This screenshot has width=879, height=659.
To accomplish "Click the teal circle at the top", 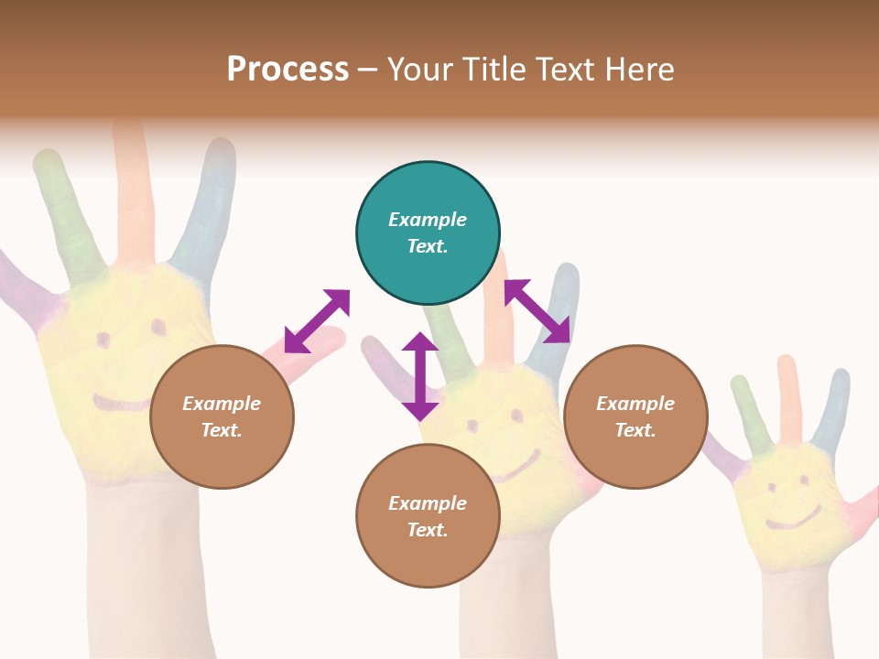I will (x=428, y=232).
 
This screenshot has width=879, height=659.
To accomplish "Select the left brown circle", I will (x=222, y=416).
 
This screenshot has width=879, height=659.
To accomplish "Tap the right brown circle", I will (x=635, y=416).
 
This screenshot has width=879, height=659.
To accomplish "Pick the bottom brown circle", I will (x=428, y=516).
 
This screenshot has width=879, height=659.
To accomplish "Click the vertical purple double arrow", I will (x=420, y=376).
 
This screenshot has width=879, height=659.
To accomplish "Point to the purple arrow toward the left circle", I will (x=317, y=320).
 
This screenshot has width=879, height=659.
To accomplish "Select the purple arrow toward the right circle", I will (x=537, y=311).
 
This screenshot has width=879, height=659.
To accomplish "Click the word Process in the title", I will (x=288, y=70).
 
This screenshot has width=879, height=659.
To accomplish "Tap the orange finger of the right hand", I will (x=787, y=398).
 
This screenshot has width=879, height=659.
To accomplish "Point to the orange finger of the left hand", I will (x=133, y=192).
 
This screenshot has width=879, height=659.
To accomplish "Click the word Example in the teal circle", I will (x=428, y=220).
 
